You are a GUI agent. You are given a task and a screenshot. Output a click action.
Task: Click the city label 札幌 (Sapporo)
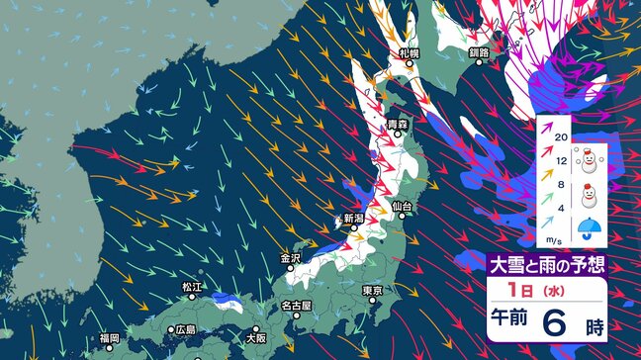(x=409, y=51)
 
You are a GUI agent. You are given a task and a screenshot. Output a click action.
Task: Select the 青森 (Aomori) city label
(x=397, y=124)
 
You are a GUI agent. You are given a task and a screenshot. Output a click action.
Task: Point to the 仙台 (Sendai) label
(x=402, y=206)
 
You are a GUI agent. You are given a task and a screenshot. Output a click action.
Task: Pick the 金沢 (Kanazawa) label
(x=290, y=259)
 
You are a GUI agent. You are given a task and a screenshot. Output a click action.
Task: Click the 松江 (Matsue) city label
(x=192, y=287)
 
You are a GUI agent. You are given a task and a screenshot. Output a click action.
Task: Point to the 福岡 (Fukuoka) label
(x=110, y=339)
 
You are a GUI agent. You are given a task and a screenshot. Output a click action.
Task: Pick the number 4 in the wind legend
(x=560, y=207)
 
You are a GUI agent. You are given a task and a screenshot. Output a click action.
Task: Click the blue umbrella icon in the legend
(x=589, y=230)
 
